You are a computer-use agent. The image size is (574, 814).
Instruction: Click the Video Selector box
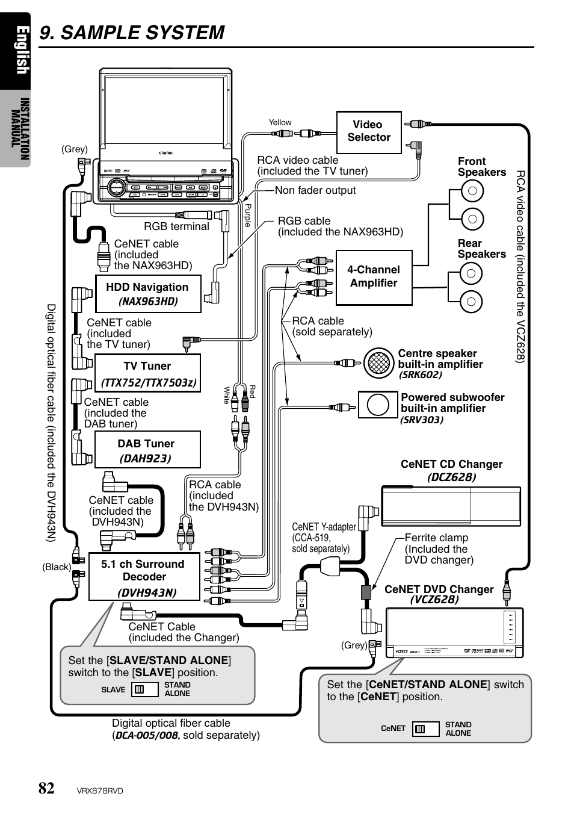point(369,132)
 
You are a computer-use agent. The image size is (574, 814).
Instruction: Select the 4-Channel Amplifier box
point(374,277)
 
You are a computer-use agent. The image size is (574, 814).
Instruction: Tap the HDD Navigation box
point(148,294)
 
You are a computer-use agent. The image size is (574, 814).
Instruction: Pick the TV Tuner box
point(147,373)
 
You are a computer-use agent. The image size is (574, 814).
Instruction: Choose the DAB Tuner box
point(147,450)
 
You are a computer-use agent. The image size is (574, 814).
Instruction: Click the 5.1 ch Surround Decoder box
point(144,577)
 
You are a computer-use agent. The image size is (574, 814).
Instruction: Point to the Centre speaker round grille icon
point(378,362)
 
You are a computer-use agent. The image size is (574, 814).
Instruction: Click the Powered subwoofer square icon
point(378,405)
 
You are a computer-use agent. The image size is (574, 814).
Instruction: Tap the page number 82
point(46,788)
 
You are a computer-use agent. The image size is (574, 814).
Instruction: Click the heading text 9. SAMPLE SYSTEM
point(132,33)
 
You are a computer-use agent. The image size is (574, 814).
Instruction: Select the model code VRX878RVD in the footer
point(100,791)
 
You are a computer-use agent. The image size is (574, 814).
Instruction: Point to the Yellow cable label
point(280,122)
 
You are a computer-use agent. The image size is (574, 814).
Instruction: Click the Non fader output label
point(315,190)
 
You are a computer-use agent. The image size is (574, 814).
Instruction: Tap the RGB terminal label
point(176,226)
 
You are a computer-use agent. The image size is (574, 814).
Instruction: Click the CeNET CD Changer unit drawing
point(451,506)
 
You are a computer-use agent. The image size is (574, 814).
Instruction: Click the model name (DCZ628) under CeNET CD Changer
point(451,477)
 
